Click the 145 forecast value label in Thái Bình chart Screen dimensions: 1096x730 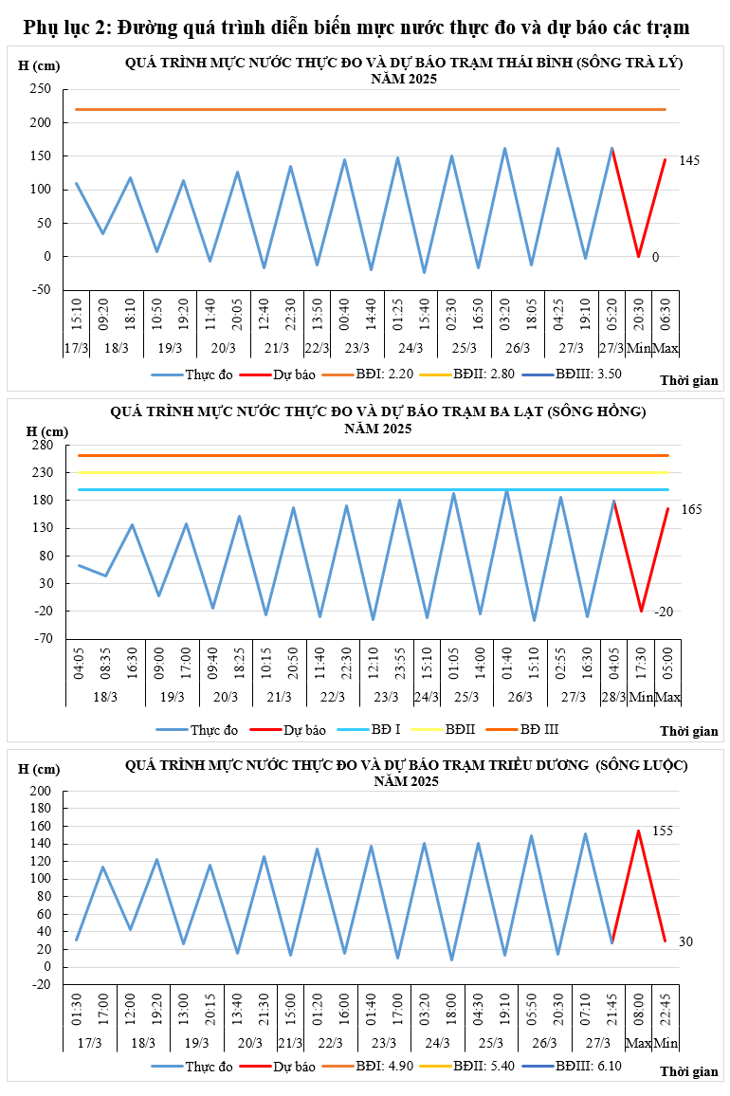click(x=689, y=161)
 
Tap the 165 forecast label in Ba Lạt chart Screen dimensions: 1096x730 click(x=692, y=510)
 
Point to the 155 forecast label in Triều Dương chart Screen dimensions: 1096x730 click(x=663, y=831)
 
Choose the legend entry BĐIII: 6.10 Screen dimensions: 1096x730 click(x=589, y=1066)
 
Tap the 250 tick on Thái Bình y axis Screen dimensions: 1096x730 click(x=42, y=89)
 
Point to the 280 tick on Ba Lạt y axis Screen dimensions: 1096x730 click(x=42, y=445)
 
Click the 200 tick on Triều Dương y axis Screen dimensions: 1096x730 click(x=42, y=791)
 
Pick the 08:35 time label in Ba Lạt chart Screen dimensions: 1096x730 click(x=106, y=662)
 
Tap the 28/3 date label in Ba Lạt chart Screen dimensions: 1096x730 click(x=614, y=697)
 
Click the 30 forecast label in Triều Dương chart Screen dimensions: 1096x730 click(x=686, y=941)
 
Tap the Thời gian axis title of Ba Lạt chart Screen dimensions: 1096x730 click(x=689, y=731)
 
